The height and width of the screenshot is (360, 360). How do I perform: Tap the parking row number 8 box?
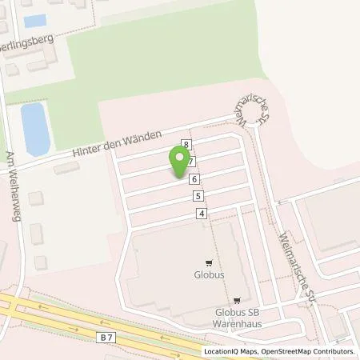click(x=186, y=145)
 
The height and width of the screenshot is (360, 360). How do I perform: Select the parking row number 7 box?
click(x=191, y=162)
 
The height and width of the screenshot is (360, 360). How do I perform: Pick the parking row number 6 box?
click(x=194, y=179)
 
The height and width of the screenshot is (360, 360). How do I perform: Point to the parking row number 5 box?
click(x=198, y=196)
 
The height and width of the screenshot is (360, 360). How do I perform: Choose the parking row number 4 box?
click(x=202, y=213)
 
